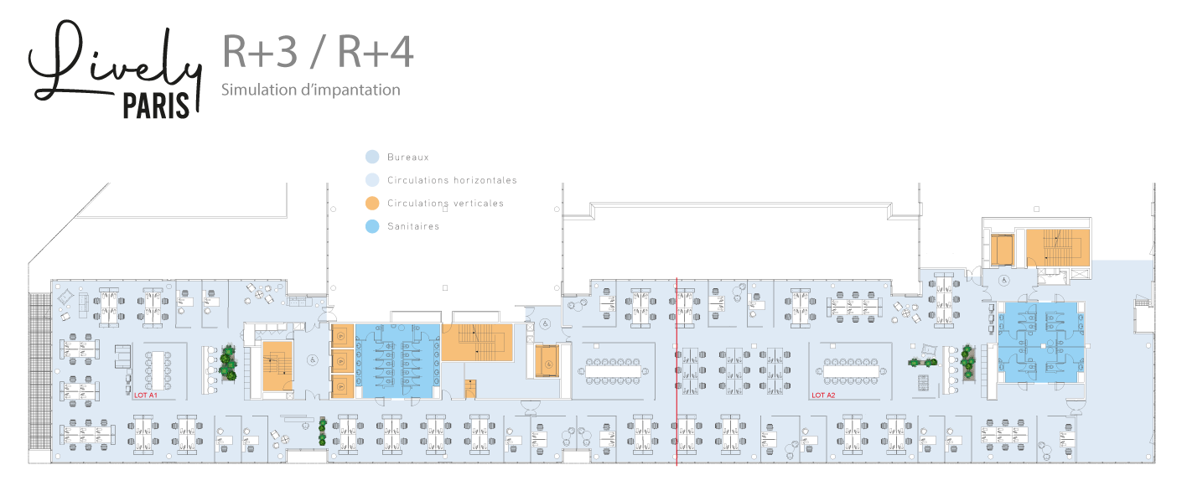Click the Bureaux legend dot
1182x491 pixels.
pyautogui.click(x=373, y=157)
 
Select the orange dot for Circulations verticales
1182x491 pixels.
pyautogui.click(x=373, y=203)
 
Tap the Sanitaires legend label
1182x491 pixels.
pyautogui.click(x=413, y=226)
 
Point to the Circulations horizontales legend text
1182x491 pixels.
pyautogui.click(x=452, y=180)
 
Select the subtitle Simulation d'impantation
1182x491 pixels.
pyautogui.click(x=310, y=90)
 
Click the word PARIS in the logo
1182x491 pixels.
pyautogui.click(x=157, y=106)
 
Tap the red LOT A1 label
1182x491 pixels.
pyautogui.click(x=147, y=394)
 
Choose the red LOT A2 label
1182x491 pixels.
pyautogui.click(x=823, y=395)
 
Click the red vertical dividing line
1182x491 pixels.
pyautogui.click(x=676, y=377)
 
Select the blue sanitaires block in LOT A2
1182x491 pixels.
pyautogui.click(x=1041, y=343)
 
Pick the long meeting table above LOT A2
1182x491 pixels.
pyautogui.click(x=852, y=368)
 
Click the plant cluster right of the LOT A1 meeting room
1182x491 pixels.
pyautogui.click(x=227, y=364)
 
